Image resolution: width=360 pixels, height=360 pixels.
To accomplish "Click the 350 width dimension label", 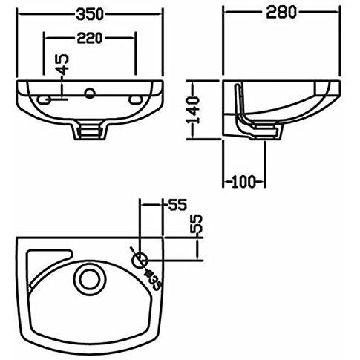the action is coord(90,14).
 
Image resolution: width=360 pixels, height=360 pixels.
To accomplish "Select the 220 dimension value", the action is coord(90,38).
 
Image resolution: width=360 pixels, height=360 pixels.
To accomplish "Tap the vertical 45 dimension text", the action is coord(64,65).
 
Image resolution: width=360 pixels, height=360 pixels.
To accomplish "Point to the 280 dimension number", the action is coord(281,13).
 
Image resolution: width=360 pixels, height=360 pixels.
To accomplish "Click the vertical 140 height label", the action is coord(193,111).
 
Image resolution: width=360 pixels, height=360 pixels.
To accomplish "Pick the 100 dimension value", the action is coord(243,182).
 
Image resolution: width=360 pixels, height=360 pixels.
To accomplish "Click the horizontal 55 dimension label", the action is coord(177,205).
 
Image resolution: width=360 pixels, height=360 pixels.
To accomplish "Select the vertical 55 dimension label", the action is coord(197,224).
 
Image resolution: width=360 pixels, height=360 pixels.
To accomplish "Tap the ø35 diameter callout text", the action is coord(153,281).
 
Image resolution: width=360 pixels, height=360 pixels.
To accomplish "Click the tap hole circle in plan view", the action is coord(140,261).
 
